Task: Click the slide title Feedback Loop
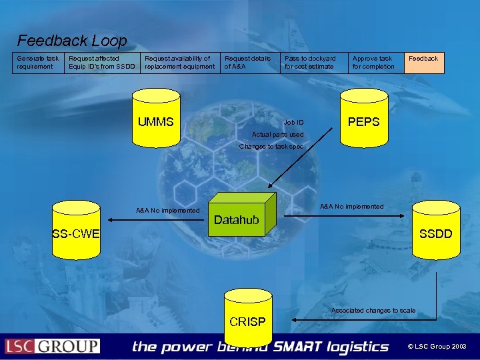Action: tap(71, 41)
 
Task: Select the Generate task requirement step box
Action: tap(38, 63)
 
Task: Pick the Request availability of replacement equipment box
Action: tap(180, 63)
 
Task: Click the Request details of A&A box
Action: tap(250, 63)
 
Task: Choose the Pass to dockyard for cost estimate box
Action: tap(313, 63)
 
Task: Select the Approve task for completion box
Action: tap(376, 63)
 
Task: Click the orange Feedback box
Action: tap(425, 63)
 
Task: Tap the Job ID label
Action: tap(293, 123)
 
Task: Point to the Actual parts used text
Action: tap(277, 135)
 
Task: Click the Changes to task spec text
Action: tap(271, 147)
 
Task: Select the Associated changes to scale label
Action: tap(373, 311)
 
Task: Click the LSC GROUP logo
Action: tap(53, 346)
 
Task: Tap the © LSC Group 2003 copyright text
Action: tap(438, 347)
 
